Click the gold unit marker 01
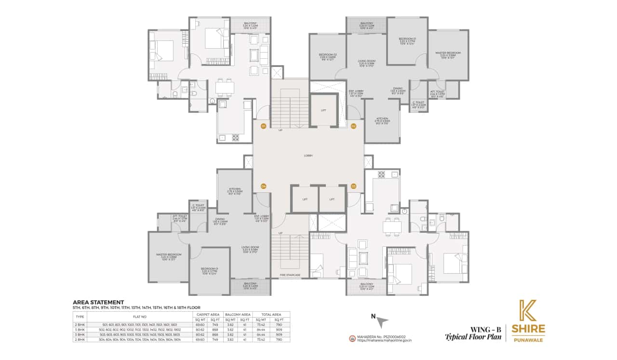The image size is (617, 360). click(263, 126)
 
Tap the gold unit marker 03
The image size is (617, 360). click(353, 186)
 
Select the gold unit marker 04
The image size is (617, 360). click(263, 186)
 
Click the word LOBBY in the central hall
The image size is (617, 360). click(308, 156)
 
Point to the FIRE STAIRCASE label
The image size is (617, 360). click(290, 275)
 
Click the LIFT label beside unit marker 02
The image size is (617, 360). click(323, 110)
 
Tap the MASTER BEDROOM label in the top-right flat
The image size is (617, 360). click(448, 54)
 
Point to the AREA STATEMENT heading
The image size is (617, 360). click(98, 302)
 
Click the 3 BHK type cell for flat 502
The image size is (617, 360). click(80, 330)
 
